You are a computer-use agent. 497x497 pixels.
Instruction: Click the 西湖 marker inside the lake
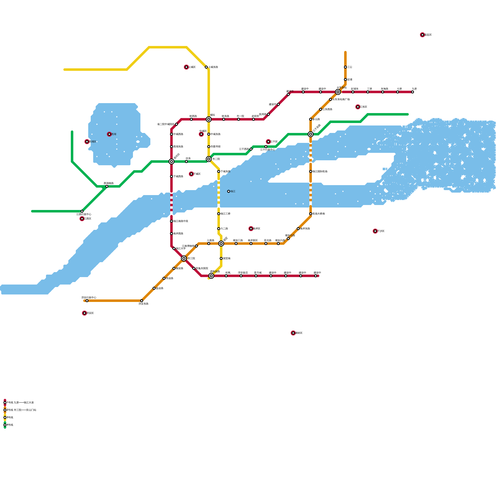(109, 134)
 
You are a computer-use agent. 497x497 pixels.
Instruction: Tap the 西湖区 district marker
(87, 142)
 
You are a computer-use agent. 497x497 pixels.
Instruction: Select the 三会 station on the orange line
(345, 67)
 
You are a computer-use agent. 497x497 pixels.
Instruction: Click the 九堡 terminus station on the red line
(413, 92)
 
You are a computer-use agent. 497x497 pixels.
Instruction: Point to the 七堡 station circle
(398, 92)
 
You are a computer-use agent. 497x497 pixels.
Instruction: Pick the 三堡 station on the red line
(368, 92)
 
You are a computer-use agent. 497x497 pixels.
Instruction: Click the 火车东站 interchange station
(338, 92)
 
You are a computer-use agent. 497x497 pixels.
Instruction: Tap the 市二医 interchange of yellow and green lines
(209, 159)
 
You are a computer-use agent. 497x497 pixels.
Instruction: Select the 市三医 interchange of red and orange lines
(184, 258)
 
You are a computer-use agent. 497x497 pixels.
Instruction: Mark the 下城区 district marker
(191, 174)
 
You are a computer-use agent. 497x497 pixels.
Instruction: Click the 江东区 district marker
(358, 107)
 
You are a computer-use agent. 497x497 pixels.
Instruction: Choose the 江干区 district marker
(268, 142)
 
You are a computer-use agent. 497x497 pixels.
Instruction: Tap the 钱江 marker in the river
(229, 191)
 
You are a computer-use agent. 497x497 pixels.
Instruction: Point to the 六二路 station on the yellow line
(219, 229)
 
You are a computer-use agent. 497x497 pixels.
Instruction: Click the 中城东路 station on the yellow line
(209, 134)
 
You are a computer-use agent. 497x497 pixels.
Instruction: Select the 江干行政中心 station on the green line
(266, 147)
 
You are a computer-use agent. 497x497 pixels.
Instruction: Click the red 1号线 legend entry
(5, 403)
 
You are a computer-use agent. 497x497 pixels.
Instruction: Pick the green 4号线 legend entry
(5, 425)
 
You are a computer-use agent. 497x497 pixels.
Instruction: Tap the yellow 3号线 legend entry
(5, 417)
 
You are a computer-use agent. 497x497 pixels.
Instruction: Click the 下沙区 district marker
(375, 231)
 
